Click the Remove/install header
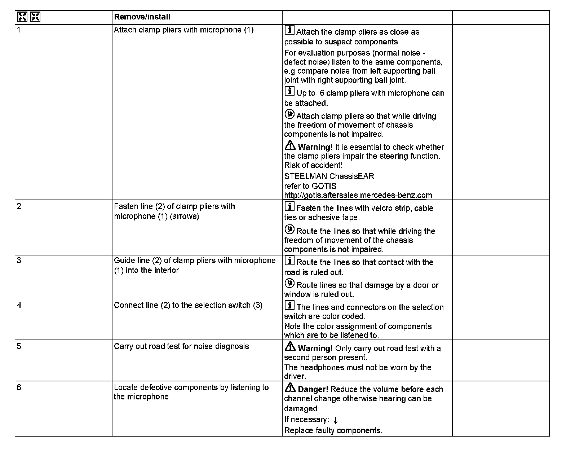(x=142, y=17)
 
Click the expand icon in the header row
(x=22, y=17)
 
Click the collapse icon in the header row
(x=35, y=17)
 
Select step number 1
(x=19, y=30)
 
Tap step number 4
(x=19, y=305)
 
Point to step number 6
(x=19, y=387)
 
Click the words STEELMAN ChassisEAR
(x=329, y=176)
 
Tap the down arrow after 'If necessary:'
(x=336, y=420)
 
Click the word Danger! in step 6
(x=313, y=389)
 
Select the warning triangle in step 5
(x=290, y=347)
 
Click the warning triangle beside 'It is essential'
(x=290, y=146)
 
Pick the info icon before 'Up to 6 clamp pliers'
(x=289, y=91)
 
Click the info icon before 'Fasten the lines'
(x=289, y=206)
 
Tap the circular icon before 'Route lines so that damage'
(x=289, y=284)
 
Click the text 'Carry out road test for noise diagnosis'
(x=181, y=346)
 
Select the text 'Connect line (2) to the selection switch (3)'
(x=188, y=305)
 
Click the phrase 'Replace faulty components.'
(x=333, y=430)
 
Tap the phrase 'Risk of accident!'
(x=313, y=165)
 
